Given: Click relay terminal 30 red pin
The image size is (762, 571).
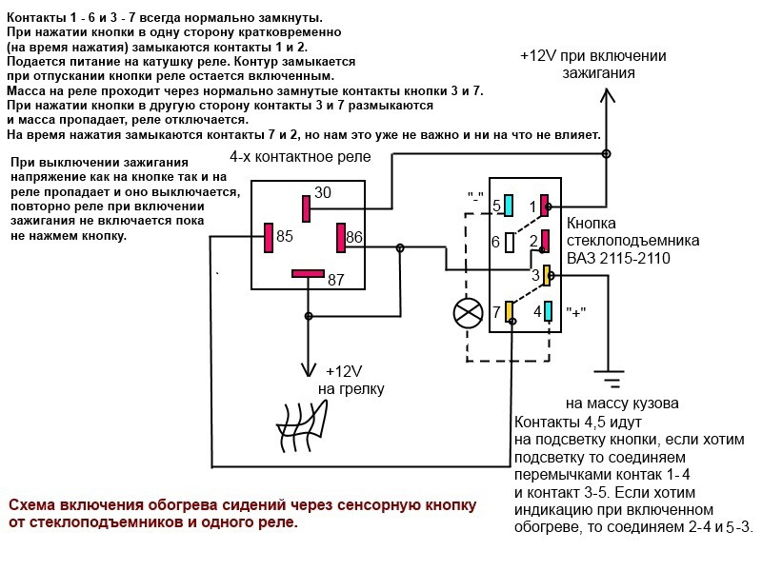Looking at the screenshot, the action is tap(306, 208).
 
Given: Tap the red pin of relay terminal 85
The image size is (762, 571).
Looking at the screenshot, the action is tap(269, 237).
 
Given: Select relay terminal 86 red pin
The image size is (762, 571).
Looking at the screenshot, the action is tap(341, 237).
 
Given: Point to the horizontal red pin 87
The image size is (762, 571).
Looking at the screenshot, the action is tap(308, 274).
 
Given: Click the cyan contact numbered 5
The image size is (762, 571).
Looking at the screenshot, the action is tap(509, 206).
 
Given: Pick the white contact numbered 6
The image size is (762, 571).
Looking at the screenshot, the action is tap(510, 243).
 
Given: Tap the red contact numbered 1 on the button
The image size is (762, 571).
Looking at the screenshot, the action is tap(545, 206).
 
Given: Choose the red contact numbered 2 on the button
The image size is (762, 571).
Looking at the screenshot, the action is tap(545, 242).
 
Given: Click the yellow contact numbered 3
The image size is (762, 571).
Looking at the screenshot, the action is tap(547, 275).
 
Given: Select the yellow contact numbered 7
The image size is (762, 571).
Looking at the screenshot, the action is tap(510, 311).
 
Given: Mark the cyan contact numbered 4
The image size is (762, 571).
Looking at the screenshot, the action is tap(548, 311).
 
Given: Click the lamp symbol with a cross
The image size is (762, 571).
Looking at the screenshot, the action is tap(468, 313).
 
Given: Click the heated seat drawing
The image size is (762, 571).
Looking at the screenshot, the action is tap(301, 424).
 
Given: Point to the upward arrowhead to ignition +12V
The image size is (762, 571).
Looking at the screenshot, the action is tap(606, 96).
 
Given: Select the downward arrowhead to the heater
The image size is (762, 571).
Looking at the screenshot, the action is tap(308, 369).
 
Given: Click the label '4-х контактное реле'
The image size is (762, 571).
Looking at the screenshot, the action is tap(300, 157).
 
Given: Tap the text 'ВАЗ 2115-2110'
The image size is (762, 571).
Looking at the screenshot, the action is tap(618, 257).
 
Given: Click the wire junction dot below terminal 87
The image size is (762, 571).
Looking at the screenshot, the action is tap(308, 316).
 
